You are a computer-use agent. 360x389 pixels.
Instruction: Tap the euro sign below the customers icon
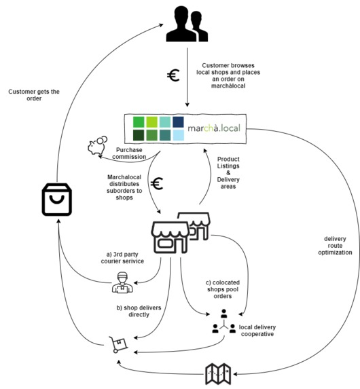point(174,75)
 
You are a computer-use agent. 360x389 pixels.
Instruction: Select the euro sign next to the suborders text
point(157,183)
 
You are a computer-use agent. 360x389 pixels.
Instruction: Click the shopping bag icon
point(57,200)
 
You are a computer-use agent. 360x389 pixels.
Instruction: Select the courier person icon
point(122,282)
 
